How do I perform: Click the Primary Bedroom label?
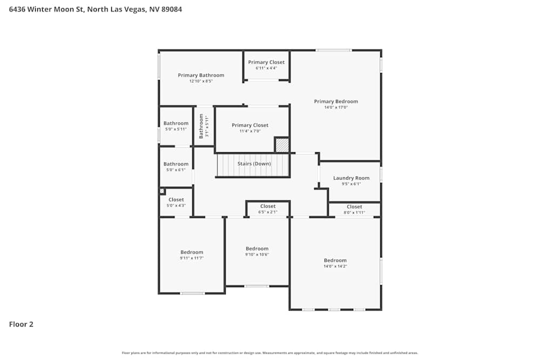pyautogui.click(x=336, y=101)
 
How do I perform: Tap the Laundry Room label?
pyautogui.click(x=351, y=178)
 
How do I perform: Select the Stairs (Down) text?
pyautogui.click(x=254, y=164)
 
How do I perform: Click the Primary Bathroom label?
pyautogui.click(x=201, y=75)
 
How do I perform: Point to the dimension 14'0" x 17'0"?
pyautogui.click(x=336, y=107)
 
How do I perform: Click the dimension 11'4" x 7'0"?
pyautogui.click(x=250, y=131)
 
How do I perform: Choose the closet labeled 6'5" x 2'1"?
pyautogui.click(x=268, y=209)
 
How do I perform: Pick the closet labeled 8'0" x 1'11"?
pyautogui.click(x=354, y=209)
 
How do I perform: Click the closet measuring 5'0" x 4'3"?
pyautogui.click(x=176, y=202)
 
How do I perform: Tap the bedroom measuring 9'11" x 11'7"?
pyautogui.click(x=192, y=255)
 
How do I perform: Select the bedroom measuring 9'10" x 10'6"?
pyautogui.click(x=257, y=252)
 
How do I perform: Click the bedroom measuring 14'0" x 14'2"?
pyautogui.click(x=335, y=263)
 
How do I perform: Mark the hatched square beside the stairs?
pyautogui.click(x=282, y=145)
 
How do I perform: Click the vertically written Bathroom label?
pyautogui.click(x=201, y=126)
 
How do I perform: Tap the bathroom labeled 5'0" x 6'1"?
pyautogui.click(x=176, y=167)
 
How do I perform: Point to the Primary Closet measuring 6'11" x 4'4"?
pyautogui.click(x=266, y=65)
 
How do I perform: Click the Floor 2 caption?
pyautogui.click(x=21, y=324)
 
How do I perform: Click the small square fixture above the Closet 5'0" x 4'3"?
pyautogui.click(x=161, y=191)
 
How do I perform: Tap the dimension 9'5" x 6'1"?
pyautogui.click(x=351, y=184)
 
